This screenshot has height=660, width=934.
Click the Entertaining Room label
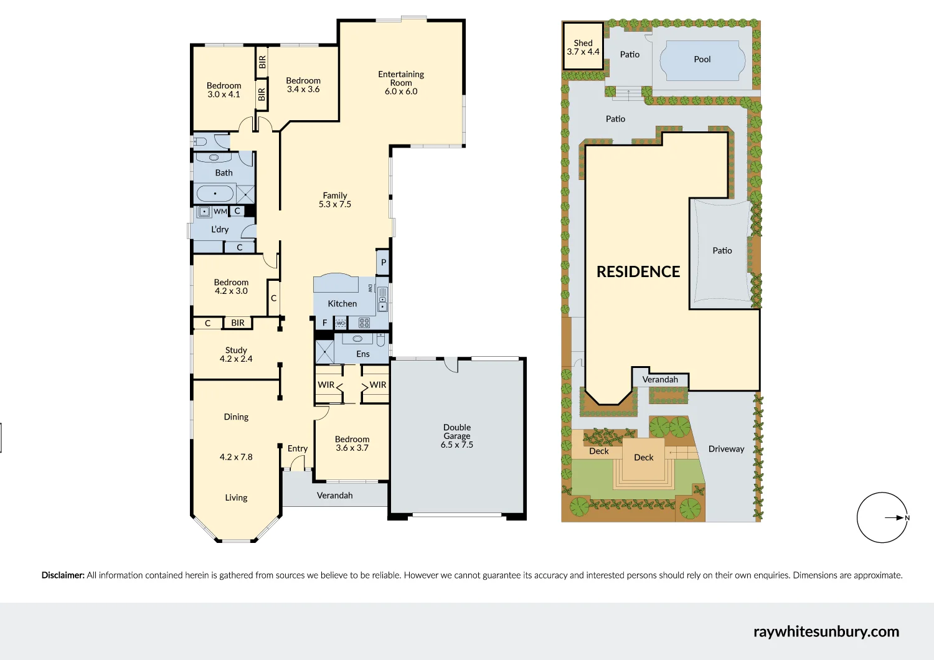(401, 78)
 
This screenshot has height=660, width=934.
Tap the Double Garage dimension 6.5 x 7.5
(457, 445)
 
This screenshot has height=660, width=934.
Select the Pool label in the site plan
(702, 60)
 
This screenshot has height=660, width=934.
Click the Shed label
(583, 43)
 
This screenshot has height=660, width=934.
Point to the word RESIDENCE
(638, 271)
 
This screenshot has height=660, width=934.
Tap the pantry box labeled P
(384, 262)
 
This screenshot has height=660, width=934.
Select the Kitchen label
(342, 304)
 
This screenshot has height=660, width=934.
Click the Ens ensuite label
(363, 354)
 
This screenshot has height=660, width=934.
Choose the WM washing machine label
(220, 212)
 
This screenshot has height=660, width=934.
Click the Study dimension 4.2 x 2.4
(236, 359)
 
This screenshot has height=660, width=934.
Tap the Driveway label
(726, 449)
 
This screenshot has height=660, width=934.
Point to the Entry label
(298, 448)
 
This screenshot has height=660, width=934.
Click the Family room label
(335, 196)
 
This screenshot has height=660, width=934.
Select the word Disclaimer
(63, 575)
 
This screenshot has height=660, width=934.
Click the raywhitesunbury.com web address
(826, 631)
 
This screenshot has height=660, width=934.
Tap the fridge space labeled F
(324, 323)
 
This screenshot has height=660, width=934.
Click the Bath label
(224, 173)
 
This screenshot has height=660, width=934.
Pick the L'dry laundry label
(220, 229)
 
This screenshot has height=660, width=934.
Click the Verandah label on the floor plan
(335, 496)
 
